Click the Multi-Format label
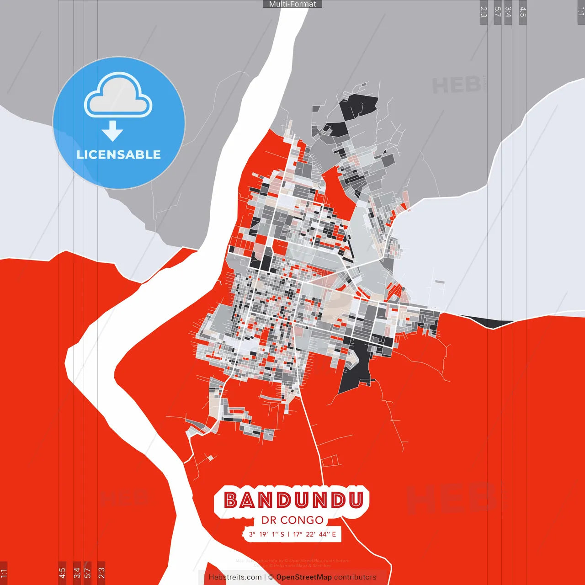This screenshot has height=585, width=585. coord(292,4)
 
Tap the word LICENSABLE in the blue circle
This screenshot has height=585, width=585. coord(119,154)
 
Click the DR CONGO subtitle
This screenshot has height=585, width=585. coord(292,520)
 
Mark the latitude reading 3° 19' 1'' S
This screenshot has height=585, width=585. coord(266,534)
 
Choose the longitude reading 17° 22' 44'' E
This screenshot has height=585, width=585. coord(314,534)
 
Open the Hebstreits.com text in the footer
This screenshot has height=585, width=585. coord(235,577)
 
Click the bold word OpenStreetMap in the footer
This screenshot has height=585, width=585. coord(304,577)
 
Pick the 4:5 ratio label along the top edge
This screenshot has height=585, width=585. coord(523,12)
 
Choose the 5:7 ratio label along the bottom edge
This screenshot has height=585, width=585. coord(88,572)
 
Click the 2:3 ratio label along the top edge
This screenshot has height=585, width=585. coord(484,12)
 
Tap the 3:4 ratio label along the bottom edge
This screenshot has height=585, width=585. coord(76,572)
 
